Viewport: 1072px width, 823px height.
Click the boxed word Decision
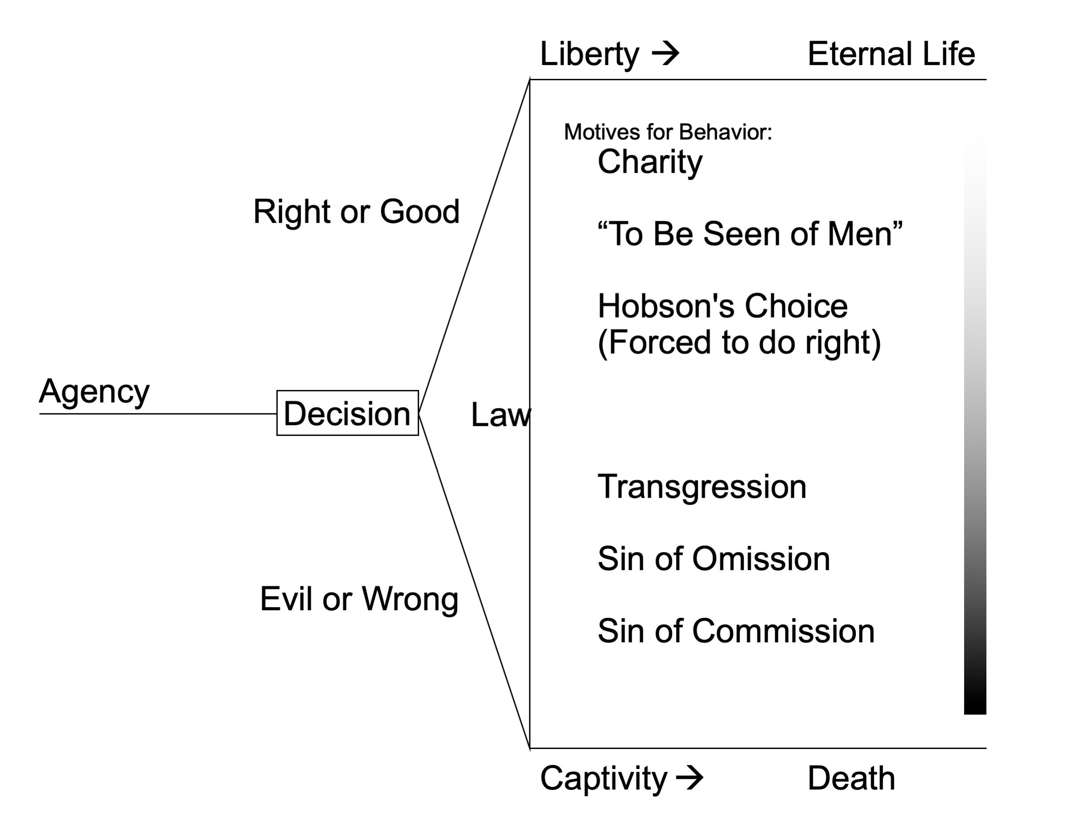(x=347, y=413)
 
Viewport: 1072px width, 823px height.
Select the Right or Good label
(x=356, y=211)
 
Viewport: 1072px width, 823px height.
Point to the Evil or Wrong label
(x=359, y=599)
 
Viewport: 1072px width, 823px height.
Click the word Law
(x=500, y=414)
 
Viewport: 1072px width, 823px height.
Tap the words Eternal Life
(x=891, y=54)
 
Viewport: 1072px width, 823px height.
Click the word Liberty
(x=589, y=54)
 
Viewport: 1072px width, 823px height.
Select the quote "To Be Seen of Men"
(x=750, y=234)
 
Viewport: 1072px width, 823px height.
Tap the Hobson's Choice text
(x=722, y=306)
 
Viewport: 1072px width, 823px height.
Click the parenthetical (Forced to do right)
(x=739, y=342)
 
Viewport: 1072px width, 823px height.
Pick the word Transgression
(x=702, y=487)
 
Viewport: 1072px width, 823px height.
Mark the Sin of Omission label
(x=713, y=558)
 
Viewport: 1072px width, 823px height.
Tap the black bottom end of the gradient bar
(x=974, y=703)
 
